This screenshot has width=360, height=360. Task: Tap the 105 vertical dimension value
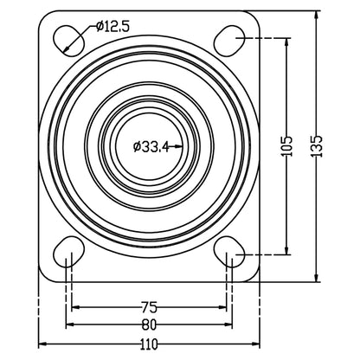pyautogui.click(x=287, y=145)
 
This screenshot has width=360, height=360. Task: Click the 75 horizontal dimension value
pyautogui.click(x=149, y=305)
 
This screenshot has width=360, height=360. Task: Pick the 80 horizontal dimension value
pyautogui.click(x=149, y=325)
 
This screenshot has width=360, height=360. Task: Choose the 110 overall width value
pyautogui.click(x=149, y=344)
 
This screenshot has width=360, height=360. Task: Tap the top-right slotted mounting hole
pyautogui.click(x=229, y=36)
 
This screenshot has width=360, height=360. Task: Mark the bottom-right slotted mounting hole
pyautogui.click(x=229, y=254)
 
